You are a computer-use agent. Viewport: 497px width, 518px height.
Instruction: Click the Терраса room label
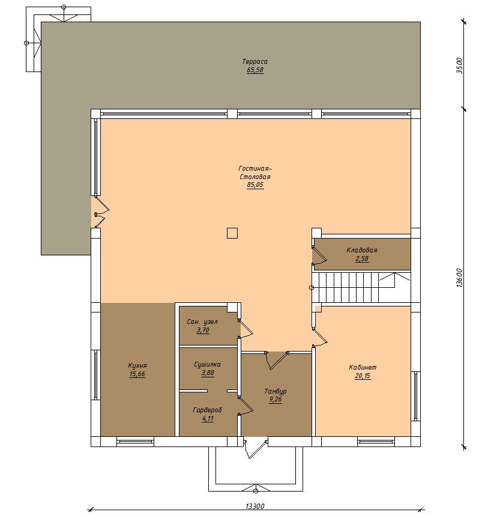click(x=255, y=61)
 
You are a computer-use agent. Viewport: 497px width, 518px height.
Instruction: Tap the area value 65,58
click(x=255, y=70)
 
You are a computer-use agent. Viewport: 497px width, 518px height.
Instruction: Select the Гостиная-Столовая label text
click(x=255, y=172)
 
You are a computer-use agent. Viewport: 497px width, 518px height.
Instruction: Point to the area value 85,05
click(x=255, y=184)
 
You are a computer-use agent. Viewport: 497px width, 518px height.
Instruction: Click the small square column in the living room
click(x=232, y=233)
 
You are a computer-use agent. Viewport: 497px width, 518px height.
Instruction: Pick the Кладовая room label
click(x=362, y=250)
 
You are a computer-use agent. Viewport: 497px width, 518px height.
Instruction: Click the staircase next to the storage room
click(x=361, y=287)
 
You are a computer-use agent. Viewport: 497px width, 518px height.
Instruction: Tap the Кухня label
click(x=137, y=366)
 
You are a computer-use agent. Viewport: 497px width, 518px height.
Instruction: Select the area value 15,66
click(x=137, y=374)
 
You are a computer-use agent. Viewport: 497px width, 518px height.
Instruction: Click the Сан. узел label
click(x=202, y=321)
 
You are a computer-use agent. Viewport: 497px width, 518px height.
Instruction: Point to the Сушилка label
click(x=207, y=364)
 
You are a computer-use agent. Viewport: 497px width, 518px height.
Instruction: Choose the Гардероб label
click(x=207, y=410)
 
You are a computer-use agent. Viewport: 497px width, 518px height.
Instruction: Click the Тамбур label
click(x=276, y=391)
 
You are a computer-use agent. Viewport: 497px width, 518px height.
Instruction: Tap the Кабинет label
click(x=363, y=367)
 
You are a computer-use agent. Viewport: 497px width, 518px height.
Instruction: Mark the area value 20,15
click(x=363, y=376)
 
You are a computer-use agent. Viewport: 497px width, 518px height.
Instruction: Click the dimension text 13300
click(x=255, y=506)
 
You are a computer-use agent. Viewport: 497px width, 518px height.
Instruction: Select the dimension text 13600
click(x=460, y=278)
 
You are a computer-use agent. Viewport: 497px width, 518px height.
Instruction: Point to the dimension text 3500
click(x=459, y=66)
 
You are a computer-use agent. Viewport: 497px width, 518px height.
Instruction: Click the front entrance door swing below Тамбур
click(x=255, y=448)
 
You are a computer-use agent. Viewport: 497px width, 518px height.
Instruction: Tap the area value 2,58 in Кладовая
click(x=362, y=258)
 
